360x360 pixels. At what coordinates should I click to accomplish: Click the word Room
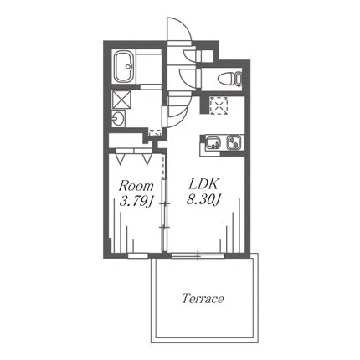click(x=136, y=186)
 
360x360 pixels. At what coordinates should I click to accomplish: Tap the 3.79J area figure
click(x=136, y=202)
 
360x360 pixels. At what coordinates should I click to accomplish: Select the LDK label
click(x=203, y=184)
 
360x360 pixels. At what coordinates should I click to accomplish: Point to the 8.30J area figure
click(x=203, y=200)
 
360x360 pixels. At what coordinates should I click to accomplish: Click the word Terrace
click(x=203, y=299)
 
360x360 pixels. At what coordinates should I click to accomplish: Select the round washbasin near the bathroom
click(x=118, y=120)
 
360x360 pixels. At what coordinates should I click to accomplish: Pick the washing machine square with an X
click(x=121, y=100)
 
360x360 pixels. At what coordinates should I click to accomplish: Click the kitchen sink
click(x=213, y=142)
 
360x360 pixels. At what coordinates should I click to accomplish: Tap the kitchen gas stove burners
click(x=234, y=142)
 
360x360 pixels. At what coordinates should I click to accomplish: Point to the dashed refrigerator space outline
click(x=219, y=105)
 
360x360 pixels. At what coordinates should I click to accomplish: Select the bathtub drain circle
click(x=128, y=67)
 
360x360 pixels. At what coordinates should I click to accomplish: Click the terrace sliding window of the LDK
click(x=198, y=255)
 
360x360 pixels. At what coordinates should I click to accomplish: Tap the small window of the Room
click(x=138, y=255)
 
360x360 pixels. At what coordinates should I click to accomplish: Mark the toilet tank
click(x=239, y=78)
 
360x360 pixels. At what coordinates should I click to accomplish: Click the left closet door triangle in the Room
click(x=121, y=158)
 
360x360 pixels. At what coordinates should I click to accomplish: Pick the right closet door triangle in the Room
click(x=147, y=158)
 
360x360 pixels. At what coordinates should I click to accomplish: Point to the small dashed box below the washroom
click(x=155, y=132)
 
